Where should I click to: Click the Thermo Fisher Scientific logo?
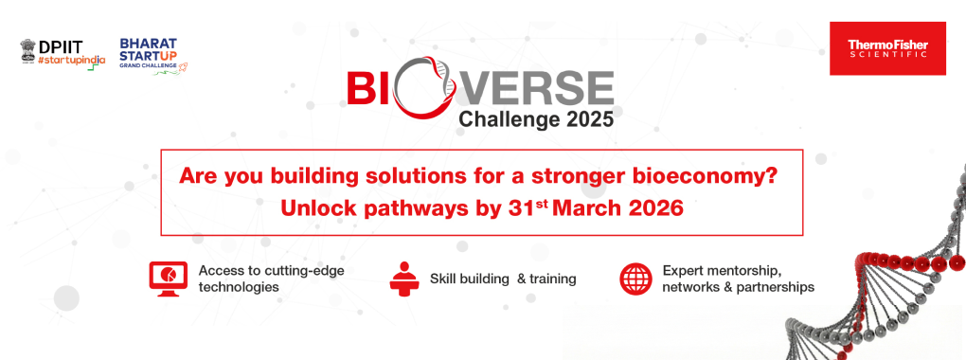[887, 48]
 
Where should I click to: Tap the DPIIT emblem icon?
[28, 50]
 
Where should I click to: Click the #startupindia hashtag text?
[72, 60]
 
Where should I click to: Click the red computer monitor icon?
[168, 277]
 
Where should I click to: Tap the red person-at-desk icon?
[404, 278]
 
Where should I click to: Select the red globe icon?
[635, 279]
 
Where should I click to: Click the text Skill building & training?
[503, 279]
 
